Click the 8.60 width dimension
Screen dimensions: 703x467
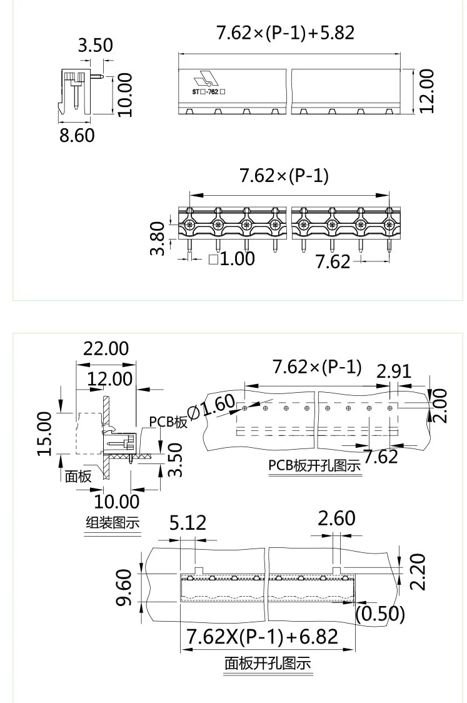77,134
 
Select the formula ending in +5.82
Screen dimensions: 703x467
285,33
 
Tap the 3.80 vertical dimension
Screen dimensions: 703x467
159,238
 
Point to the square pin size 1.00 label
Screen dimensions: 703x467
231,258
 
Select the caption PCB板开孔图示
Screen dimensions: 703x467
314,466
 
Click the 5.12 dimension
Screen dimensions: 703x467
188,522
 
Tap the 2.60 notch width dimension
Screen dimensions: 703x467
337,518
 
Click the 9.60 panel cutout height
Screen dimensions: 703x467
124,587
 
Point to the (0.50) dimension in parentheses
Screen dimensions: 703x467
380,614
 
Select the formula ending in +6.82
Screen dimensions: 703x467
263,637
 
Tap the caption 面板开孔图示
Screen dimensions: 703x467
268,664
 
